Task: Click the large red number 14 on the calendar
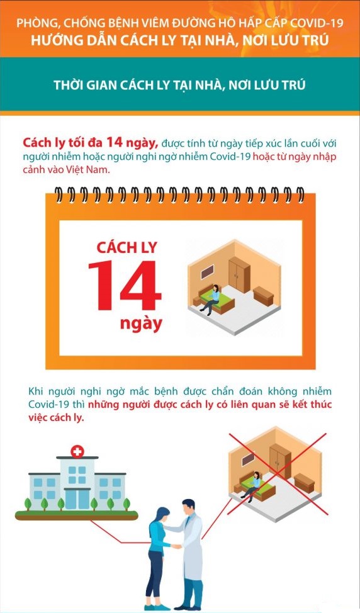click(x=124, y=287)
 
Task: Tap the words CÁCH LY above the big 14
click(x=126, y=247)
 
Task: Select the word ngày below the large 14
click(x=141, y=325)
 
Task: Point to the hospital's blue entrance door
click(x=77, y=498)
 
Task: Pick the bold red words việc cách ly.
click(x=56, y=418)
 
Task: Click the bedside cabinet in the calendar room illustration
click(x=262, y=295)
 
